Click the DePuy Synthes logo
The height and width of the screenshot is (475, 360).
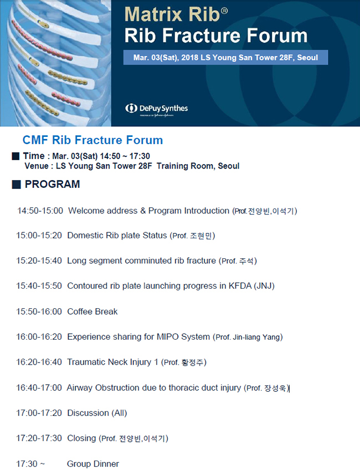(157, 109)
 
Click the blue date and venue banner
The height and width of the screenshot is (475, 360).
(225, 57)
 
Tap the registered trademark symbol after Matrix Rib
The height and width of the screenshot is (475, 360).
(224, 11)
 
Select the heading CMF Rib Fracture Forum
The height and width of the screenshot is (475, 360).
(92, 140)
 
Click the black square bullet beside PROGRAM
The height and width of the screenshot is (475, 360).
(16, 185)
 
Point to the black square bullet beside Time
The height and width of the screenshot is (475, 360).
(16, 156)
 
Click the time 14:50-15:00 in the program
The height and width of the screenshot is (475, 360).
(40, 211)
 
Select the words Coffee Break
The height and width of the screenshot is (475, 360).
(92, 311)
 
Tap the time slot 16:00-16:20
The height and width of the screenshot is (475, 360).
(39, 336)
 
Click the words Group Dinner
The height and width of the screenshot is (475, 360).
(93, 464)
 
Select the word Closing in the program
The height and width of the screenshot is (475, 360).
(81, 438)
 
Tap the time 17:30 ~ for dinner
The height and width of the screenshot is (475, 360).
(30, 464)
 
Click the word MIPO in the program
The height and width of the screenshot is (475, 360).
(167, 336)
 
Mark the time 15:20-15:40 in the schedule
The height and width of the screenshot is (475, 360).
(39, 261)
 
